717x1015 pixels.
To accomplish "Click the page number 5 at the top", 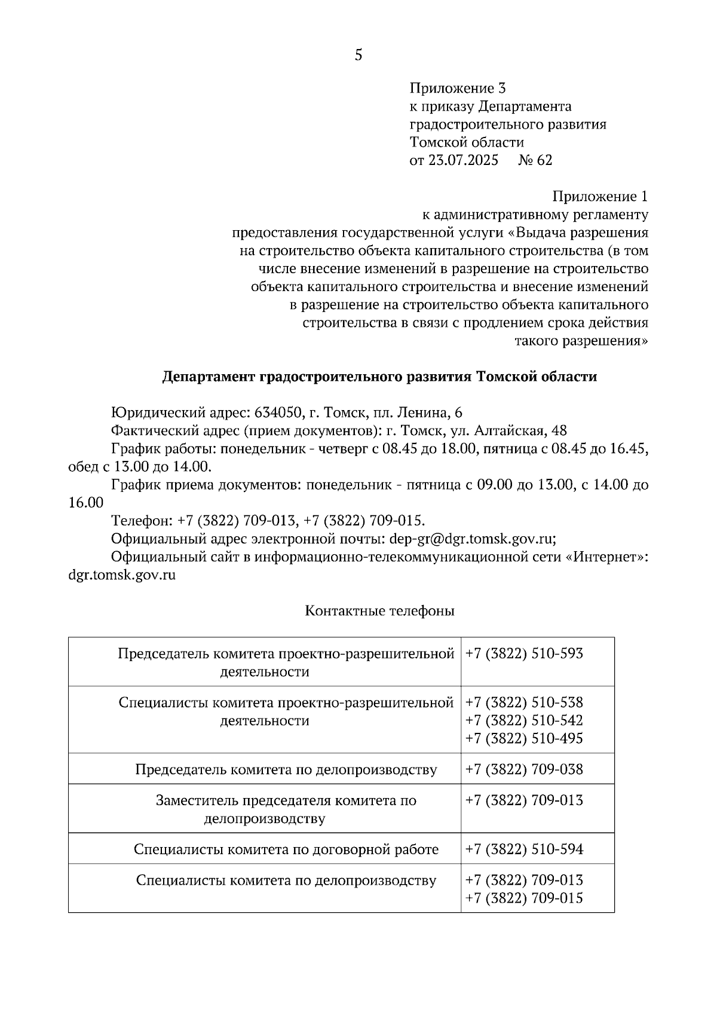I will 358,56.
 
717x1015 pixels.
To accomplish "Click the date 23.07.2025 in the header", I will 463,160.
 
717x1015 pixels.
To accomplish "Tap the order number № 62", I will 535,160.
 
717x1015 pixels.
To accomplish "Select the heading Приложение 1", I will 600,197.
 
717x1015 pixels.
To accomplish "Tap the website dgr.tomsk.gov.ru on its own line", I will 122,575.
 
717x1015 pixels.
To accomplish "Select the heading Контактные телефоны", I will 379,611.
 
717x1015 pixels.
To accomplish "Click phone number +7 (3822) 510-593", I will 524,653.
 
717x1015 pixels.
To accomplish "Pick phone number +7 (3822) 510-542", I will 524,720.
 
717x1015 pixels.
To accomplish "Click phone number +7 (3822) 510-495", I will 524,739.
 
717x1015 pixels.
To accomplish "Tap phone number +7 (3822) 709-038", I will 524,769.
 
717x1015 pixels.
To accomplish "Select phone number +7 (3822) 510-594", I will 524,849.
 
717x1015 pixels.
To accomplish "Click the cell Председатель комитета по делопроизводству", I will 286,769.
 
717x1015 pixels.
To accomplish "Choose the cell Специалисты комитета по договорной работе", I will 286,849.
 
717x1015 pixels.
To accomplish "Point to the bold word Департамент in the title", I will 209,377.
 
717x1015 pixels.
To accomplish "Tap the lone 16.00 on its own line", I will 86,503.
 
